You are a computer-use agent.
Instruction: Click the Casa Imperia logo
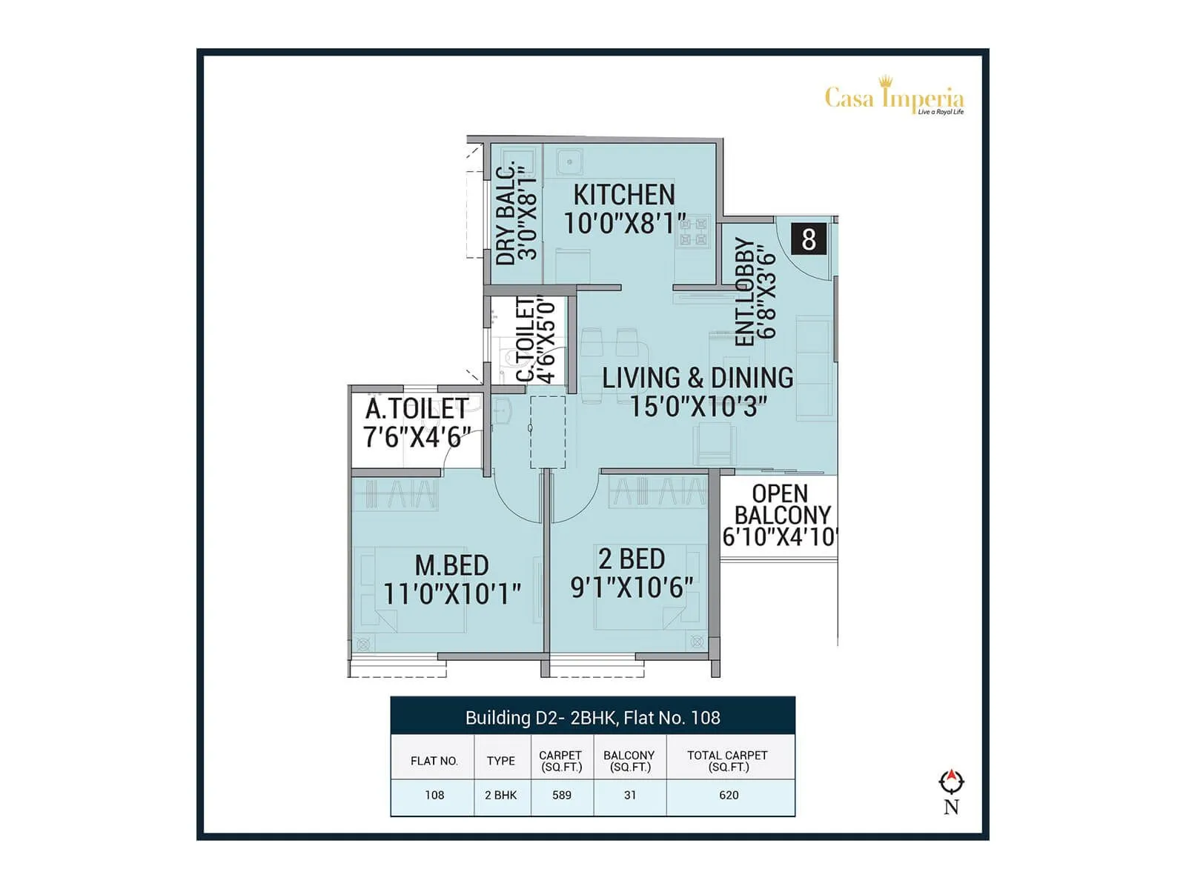click(894, 98)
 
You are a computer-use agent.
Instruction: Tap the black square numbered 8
click(809, 239)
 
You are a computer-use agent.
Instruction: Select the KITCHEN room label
click(624, 195)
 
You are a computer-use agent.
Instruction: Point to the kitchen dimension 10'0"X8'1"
click(625, 223)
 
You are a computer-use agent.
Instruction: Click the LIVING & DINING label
click(697, 378)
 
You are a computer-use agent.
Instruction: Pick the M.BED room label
click(451, 565)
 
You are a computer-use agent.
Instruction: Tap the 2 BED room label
click(632, 559)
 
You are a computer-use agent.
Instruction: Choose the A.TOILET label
click(417, 408)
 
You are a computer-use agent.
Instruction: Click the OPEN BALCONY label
click(781, 504)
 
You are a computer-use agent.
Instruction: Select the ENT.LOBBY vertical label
click(744, 292)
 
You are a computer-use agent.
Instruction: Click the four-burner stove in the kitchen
click(694, 231)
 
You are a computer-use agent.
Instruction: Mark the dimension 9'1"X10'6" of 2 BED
click(632, 587)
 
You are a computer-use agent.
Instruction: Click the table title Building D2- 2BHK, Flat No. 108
click(592, 717)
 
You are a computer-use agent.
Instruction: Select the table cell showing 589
click(562, 795)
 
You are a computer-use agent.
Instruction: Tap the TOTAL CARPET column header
click(727, 760)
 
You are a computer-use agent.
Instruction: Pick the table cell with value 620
click(729, 795)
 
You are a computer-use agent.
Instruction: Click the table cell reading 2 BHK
click(501, 795)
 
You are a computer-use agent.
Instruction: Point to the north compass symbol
click(951, 782)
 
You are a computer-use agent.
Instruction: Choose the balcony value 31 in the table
click(630, 795)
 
